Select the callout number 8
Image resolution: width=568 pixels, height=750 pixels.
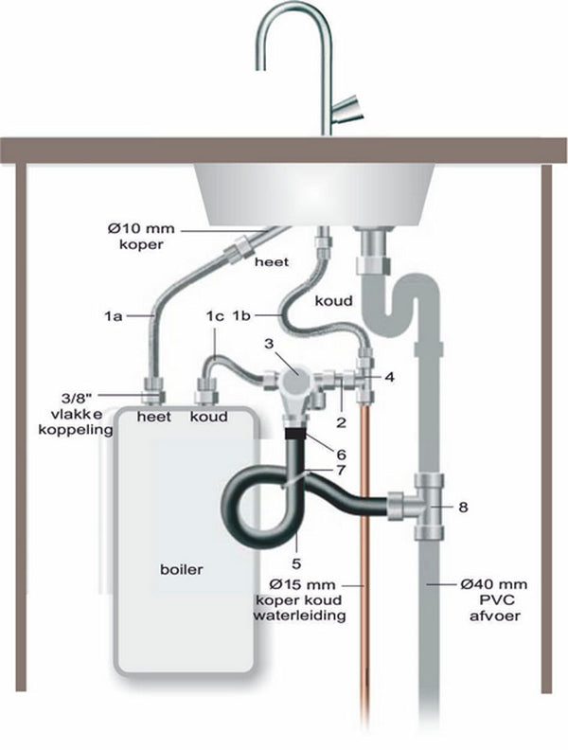[x=462, y=507]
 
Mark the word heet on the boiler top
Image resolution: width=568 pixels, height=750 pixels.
[x=153, y=416]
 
